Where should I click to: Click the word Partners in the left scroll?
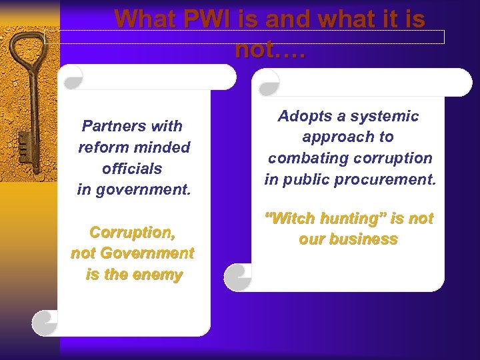pyautogui.click(x=111, y=126)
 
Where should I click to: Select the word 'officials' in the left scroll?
pyautogui.click(x=132, y=168)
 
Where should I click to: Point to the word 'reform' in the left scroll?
pyautogui.click(x=100, y=147)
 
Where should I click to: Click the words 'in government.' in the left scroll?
pyautogui.click(x=134, y=189)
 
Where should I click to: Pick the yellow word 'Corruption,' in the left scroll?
pyautogui.click(x=132, y=233)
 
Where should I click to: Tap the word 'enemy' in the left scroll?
pyautogui.click(x=156, y=274)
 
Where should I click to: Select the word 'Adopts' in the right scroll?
pyautogui.click(x=302, y=116)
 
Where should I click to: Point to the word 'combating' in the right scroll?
pyautogui.click(x=304, y=159)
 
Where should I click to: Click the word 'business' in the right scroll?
pyautogui.click(x=363, y=239)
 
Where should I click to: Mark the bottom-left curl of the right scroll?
pyautogui.click(x=237, y=277)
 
